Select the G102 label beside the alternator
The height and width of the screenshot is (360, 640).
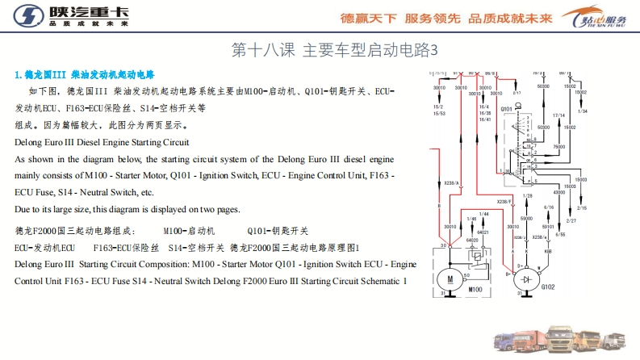(x=548, y=287)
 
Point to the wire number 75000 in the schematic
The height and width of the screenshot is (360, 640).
(x=558, y=145)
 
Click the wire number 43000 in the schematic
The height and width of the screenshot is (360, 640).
(x=558, y=192)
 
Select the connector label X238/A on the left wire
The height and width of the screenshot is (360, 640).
(x=451, y=183)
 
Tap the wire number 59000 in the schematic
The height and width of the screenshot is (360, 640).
(x=527, y=219)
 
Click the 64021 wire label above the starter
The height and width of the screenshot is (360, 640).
(x=484, y=233)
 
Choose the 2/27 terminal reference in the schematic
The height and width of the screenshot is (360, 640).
(x=571, y=220)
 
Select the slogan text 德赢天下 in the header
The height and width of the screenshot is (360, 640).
(x=368, y=18)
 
